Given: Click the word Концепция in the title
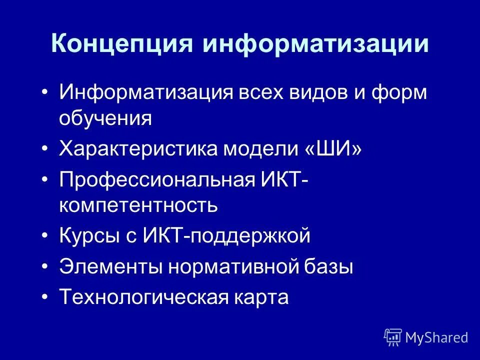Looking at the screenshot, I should [121, 44].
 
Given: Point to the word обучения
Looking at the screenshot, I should [105, 118].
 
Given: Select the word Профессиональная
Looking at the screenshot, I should [157, 178].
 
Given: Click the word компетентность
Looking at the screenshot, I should [138, 205].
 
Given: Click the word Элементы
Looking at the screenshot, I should [110, 266].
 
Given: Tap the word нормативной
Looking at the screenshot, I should [234, 266].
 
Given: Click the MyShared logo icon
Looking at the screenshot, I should [392, 337].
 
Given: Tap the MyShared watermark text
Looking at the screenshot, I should [436, 338].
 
